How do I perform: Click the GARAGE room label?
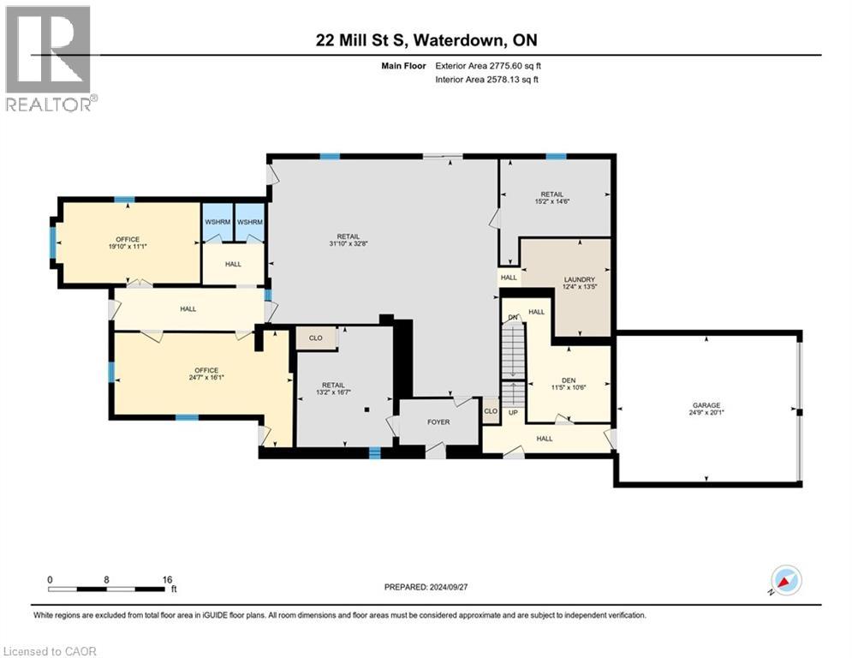706,405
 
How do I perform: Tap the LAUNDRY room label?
579,279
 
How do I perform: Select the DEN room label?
569,380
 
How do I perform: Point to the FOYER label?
438,422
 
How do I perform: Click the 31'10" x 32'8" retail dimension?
349,243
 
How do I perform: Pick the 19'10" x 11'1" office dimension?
128,247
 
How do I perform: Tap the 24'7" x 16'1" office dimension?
206,377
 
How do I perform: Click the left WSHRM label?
217,222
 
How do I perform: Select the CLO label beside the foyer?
491,410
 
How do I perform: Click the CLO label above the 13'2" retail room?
316,338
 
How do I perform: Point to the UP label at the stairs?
513,413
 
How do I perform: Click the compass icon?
786,581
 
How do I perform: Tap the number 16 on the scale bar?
167,580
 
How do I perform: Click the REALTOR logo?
49,59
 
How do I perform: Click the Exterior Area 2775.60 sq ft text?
488,66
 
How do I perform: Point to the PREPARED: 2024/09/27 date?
426,587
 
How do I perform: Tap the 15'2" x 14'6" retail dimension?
552,201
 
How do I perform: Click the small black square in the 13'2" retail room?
367,410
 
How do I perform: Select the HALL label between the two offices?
188,309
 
